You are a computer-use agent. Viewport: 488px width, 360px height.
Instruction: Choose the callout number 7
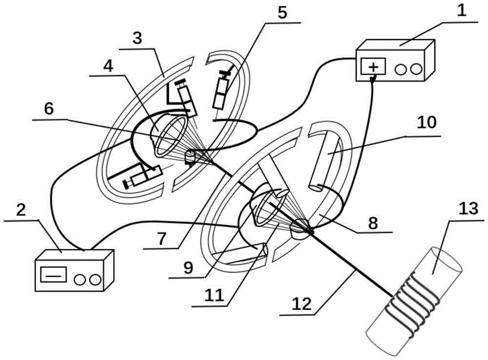[x=165, y=238]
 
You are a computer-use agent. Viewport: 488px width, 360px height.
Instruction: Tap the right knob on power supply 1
[x=415, y=69]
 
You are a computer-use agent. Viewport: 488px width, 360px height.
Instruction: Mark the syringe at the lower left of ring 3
[x=142, y=176]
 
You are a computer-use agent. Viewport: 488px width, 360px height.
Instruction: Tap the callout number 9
[x=188, y=267]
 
